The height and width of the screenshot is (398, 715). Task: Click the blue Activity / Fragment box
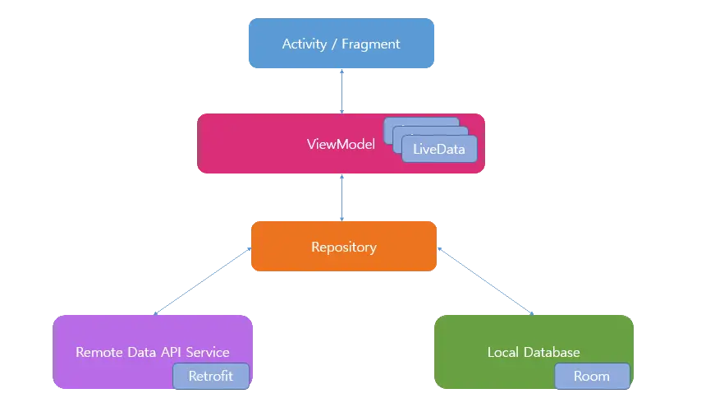click(x=341, y=44)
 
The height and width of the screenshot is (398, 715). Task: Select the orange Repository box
click(x=344, y=247)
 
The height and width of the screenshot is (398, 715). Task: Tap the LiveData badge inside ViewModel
click(x=439, y=149)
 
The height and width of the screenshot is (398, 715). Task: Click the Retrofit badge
click(x=211, y=376)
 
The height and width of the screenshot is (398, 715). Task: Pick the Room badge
click(x=592, y=376)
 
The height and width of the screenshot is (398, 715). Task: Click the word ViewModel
click(x=341, y=144)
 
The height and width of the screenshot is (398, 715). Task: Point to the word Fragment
click(x=371, y=44)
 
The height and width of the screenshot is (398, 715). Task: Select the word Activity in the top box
click(x=305, y=44)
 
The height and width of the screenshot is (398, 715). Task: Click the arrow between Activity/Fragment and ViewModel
click(x=341, y=91)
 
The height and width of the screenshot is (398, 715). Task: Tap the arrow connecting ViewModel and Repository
click(x=341, y=197)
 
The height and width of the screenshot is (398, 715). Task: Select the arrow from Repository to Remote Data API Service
click(x=203, y=281)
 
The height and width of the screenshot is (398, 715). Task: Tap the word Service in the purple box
click(x=208, y=352)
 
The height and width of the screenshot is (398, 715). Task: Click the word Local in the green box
click(x=503, y=352)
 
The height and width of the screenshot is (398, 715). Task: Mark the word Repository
click(x=344, y=248)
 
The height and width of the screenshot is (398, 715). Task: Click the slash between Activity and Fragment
click(x=334, y=44)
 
